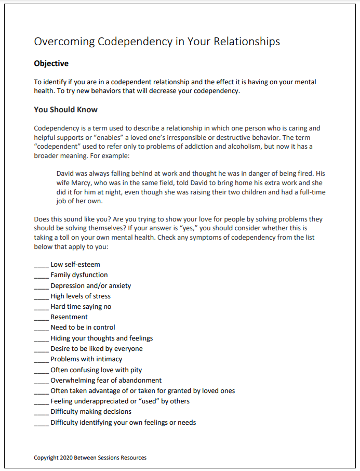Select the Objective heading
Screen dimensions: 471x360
pos(51,63)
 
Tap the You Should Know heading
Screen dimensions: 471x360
pos(65,110)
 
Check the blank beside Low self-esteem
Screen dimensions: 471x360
pos(41,265)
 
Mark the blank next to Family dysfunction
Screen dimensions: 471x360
pos(41,275)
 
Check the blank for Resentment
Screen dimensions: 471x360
pos(41,317)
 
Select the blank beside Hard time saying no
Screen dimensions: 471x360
pos(41,307)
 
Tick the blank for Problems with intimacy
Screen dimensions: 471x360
pos(41,359)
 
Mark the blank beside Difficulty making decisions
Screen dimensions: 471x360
pos(41,412)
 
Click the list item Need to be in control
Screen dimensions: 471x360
pos(83,328)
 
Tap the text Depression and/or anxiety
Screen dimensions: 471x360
pos(90,285)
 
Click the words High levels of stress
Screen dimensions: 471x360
pos(81,296)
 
